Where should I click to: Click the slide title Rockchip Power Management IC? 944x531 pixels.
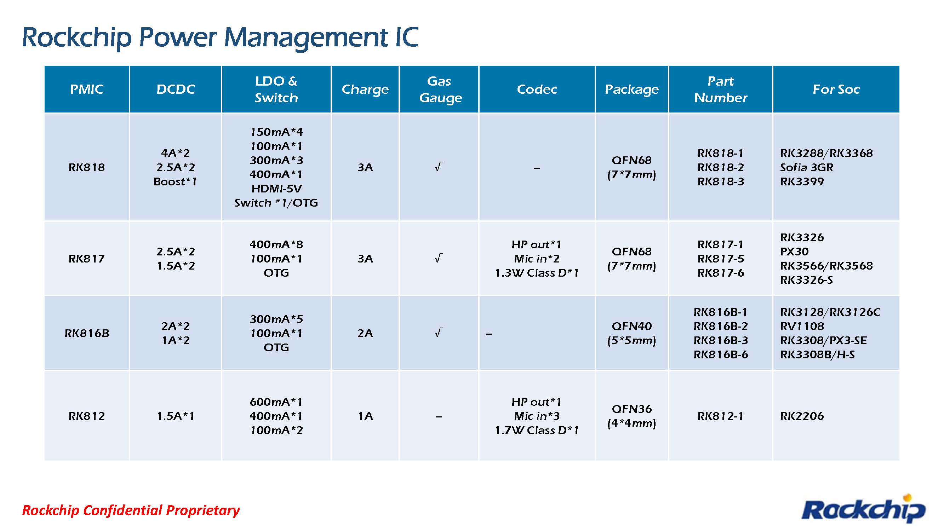pyautogui.click(x=220, y=38)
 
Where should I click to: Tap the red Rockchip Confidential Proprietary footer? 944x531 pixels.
pyautogui.click(x=131, y=510)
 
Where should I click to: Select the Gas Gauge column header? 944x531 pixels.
pyautogui.click(x=439, y=90)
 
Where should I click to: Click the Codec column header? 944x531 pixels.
pyautogui.click(x=537, y=90)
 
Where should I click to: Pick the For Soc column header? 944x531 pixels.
pyautogui.click(x=836, y=90)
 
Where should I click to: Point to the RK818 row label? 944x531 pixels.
pyautogui.click(x=86, y=167)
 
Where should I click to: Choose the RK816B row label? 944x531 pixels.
pyautogui.click(x=86, y=333)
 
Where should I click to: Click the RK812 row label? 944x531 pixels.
pyautogui.click(x=86, y=416)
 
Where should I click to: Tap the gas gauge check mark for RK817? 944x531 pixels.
pyautogui.click(x=439, y=258)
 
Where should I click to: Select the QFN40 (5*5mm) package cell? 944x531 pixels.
pyautogui.click(x=632, y=333)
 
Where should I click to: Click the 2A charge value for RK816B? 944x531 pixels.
pyautogui.click(x=365, y=333)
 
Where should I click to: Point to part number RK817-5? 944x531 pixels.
pyautogui.click(x=720, y=259)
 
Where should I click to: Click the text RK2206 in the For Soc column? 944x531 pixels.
pyautogui.click(x=802, y=416)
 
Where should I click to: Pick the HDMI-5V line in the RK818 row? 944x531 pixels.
pyautogui.click(x=276, y=189)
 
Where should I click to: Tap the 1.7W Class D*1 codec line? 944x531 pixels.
pyautogui.click(x=537, y=430)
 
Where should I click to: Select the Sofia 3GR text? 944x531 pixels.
pyautogui.click(x=807, y=167)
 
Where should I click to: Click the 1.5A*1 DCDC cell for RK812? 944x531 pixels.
pyautogui.click(x=176, y=416)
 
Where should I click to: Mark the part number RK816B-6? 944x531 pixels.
pyautogui.click(x=720, y=354)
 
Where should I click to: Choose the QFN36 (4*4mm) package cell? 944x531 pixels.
pyautogui.click(x=632, y=416)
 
